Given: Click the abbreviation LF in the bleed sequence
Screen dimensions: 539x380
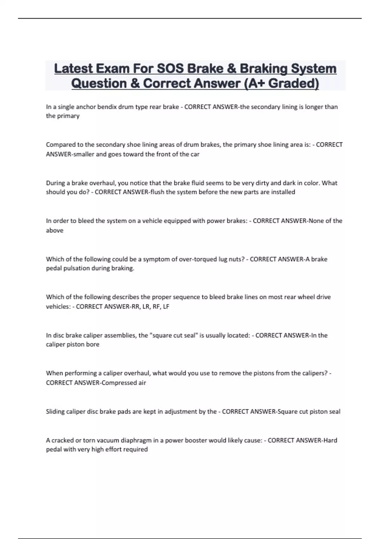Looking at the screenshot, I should [166, 307].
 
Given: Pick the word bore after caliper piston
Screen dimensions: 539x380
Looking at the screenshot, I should [92, 344].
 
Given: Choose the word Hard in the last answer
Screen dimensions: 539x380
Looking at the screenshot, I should [330, 440].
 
